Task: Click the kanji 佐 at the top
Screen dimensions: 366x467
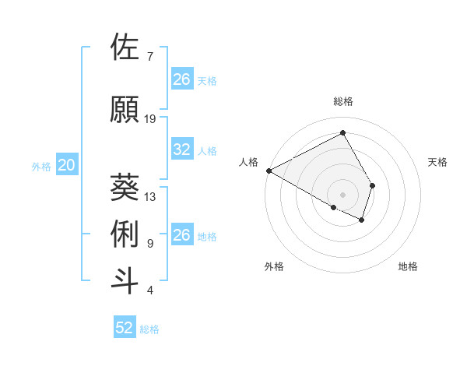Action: point(125,48)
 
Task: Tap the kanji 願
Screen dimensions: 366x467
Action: point(125,110)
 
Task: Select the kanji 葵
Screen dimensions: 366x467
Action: point(125,188)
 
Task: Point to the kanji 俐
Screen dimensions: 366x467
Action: point(125,234)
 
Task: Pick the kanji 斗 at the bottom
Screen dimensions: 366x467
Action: point(125,281)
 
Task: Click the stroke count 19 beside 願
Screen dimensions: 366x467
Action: point(150,119)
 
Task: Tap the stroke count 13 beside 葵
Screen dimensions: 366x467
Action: point(150,197)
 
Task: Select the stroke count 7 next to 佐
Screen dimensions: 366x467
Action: point(150,57)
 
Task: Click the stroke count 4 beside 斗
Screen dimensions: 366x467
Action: point(150,290)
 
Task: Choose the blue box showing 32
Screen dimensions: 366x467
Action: point(181,150)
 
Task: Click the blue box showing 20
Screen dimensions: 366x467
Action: point(67,165)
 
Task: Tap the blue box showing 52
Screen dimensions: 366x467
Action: point(125,328)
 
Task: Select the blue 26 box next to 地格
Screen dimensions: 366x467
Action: point(181,235)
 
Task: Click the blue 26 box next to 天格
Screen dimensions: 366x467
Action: point(181,79)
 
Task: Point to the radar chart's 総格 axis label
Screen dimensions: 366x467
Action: point(342,101)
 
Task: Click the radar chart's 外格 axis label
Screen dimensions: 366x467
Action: point(274,266)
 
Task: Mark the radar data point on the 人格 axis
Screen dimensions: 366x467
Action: point(269,170)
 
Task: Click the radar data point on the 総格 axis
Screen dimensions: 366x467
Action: point(342,133)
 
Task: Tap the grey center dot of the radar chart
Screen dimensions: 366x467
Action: point(342,194)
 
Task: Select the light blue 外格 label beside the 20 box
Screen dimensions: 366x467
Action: point(41,166)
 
